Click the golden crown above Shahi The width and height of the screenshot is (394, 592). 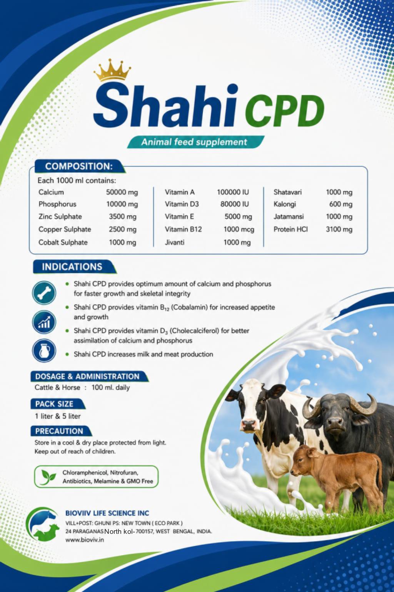tap(112, 70)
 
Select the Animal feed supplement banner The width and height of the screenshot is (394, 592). tap(195, 142)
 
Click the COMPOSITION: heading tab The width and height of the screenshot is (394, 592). tap(79, 166)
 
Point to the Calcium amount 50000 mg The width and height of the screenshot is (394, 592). tap(122, 192)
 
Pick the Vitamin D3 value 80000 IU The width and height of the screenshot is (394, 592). tap(235, 204)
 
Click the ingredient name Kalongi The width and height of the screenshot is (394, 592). tap(285, 204)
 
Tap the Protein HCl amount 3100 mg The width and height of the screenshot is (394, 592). tap(339, 229)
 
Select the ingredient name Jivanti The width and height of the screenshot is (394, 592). tap(174, 242)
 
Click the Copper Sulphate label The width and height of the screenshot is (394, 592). tap(65, 229)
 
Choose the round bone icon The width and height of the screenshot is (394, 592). tap(44, 293)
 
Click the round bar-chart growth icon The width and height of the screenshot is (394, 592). tap(44, 322)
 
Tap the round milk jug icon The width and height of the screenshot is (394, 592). tap(44, 350)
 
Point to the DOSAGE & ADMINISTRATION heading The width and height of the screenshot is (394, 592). tap(87, 376)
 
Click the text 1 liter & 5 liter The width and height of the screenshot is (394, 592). tap(58, 416)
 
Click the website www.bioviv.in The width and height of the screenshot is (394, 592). tap(84, 540)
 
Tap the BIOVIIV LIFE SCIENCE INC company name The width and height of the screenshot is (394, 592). tap(107, 513)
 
